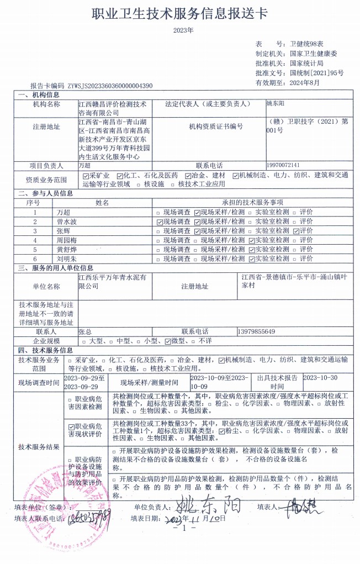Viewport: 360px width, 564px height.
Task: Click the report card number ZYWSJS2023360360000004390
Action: (110, 86)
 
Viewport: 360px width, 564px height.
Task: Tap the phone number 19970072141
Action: (283, 165)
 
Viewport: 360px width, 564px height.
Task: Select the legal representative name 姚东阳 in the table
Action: (276, 103)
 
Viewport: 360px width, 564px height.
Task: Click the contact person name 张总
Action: (86, 331)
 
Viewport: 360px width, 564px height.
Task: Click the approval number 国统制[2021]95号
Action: (316, 72)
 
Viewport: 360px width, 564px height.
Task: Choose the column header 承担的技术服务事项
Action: (252, 203)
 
